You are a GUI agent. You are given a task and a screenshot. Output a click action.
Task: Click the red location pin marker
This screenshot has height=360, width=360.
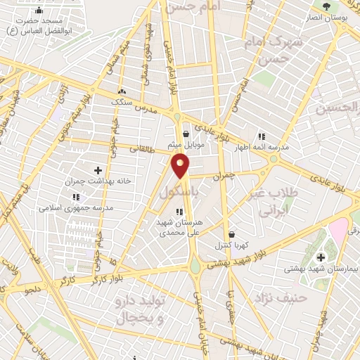pyautogui.click(x=181, y=166)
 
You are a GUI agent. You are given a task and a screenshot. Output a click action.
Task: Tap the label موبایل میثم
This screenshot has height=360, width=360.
pyautogui.click(x=185, y=144)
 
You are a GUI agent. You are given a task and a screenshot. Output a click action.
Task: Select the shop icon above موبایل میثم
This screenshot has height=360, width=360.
pyautogui.click(x=185, y=134)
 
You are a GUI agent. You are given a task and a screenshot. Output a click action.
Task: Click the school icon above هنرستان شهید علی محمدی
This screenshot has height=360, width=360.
pyautogui.click(x=179, y=211)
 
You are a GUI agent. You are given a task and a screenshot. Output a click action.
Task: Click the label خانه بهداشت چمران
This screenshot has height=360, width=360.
pyautogui.click(x=98, y=181)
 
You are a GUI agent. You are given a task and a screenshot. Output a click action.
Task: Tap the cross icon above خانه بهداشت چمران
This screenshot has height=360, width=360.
pyautogui.click(x=98, y=170)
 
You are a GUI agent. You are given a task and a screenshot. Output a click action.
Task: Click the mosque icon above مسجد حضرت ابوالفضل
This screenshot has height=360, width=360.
pyautogui.click(x=37, y=11)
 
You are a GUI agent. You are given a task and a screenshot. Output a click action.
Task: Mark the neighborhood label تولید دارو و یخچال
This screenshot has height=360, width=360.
pyautogui.click(x=141, y=309)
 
